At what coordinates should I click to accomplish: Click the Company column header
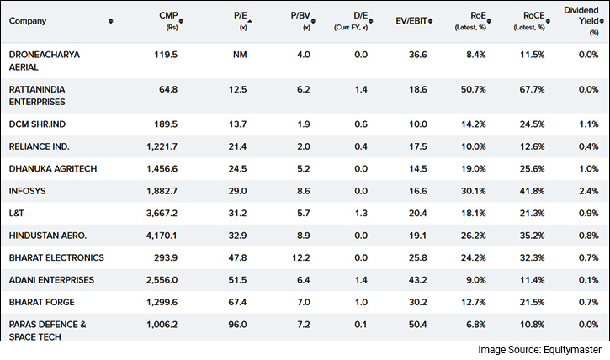pyautogui.click(x=29, y=20)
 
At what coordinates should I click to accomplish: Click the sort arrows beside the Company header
pyautogui.click(x=112, y=20)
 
